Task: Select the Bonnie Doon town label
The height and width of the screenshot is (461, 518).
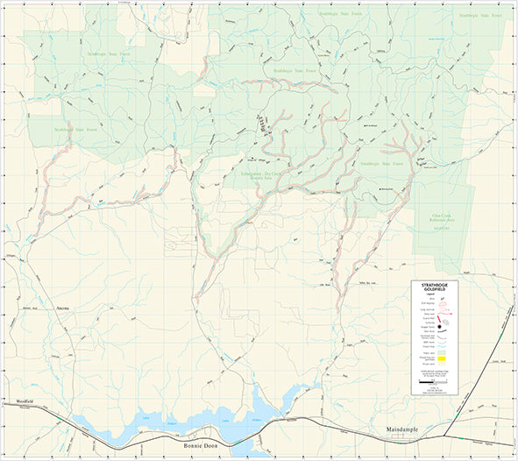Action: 202,446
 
